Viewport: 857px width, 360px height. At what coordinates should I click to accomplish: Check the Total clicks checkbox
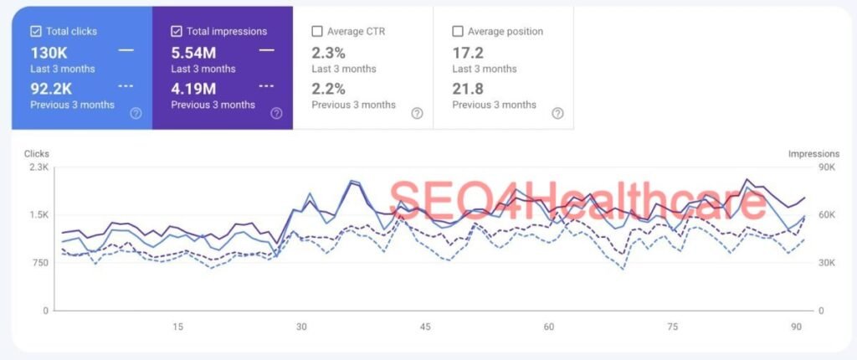pyautogui.click(x=36, y=32)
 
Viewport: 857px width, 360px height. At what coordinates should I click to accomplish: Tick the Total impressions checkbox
pyautogui.click(x=177, y=32)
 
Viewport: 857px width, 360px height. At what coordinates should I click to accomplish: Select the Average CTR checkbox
pyautogui.click(x=317, y=32)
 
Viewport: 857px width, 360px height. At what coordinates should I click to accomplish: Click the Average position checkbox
pyautogui.click(x=458, y=32)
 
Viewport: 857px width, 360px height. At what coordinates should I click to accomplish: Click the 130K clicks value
pyautogui.click(x=49, y=52)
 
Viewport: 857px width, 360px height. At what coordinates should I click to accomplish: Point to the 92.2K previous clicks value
pyautogui.click(x=52, y=88)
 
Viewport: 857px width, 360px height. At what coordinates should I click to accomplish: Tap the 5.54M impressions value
pyautogui.click(x=193, y=52)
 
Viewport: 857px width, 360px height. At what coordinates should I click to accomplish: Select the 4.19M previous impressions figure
pyautogui.click(x=193, y=88)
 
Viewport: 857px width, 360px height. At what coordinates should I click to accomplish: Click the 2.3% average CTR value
pyautogui.click(x=328, y=52)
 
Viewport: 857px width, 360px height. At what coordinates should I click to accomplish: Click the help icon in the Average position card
pyautogui.click(x=557, y=113)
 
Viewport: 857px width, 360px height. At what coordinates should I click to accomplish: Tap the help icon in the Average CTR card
pyautogui.click(x=417, y=113)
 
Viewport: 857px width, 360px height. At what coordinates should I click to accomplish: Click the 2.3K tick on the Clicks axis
pyautogui.click(x=38, y=167)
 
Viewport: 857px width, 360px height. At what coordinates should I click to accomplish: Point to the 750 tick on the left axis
pyautogui.click(x=40, y=263)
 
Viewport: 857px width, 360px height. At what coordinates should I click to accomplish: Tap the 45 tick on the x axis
pyautogui.click(x=425, y=327)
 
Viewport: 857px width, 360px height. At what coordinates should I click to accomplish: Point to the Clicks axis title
pyautogui.click(x=37, y=154)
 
